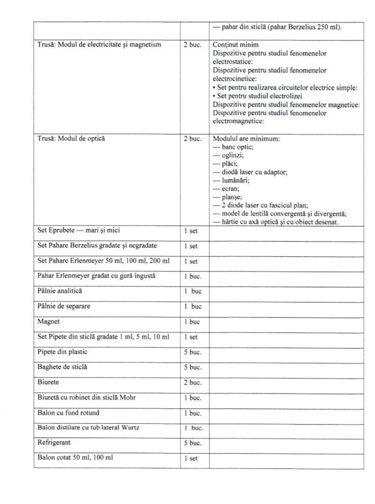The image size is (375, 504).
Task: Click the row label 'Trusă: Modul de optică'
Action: coord(71,138)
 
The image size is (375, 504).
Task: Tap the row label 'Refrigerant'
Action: coord(54,442)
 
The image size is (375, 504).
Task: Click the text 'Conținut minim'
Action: coord(236,45)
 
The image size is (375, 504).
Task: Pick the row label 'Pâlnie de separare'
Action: coord(63,306)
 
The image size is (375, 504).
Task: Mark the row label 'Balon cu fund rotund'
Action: coord(68,413)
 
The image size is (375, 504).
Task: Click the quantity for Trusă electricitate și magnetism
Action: coord(193,45)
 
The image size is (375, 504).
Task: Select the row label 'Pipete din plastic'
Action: coord(62,352)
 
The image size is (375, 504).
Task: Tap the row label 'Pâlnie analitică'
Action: coord(60,291)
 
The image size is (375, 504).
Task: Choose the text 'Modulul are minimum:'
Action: coord(246,139)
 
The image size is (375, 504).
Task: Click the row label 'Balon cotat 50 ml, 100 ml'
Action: coord(75,457)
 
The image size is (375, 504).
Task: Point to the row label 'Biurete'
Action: coord(48,382)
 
